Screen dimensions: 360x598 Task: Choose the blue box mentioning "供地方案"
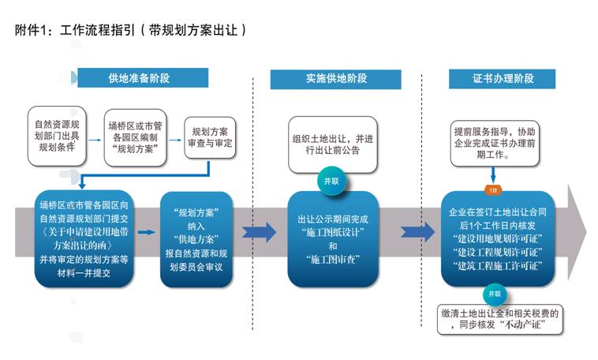tap(196, 239)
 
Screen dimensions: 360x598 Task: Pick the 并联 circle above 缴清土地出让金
tap(495, 294)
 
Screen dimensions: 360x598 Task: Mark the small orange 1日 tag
tap(493, 190)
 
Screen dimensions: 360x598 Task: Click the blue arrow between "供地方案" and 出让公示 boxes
tap(259, 232)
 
